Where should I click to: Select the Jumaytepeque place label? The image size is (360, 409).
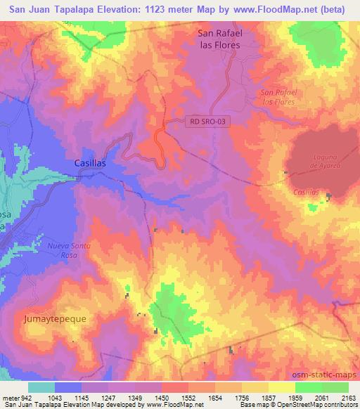[x=55, y=318]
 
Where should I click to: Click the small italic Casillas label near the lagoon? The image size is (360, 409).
[x=306, y=191]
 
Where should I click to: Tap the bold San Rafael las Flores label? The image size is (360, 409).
[x=219, y=39]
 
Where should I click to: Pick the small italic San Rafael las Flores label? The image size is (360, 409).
[x=278, y=97]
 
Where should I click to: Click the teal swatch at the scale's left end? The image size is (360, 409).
[x=41, y=387]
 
